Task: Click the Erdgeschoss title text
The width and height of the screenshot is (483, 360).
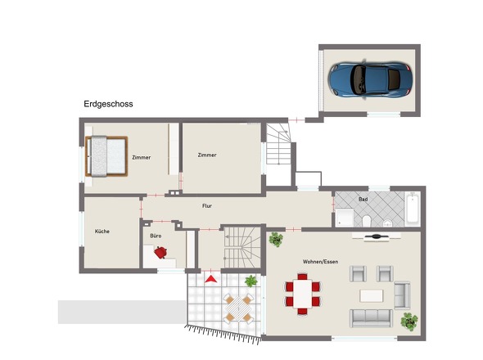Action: (108, 104)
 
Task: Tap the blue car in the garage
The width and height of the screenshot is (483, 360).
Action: (370, 79)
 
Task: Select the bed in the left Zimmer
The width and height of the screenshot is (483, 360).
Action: (106, 156)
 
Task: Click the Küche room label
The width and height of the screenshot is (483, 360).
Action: (102, 232)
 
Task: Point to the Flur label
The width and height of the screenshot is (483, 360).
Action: (207, 205)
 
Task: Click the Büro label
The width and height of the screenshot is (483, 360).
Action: (156, 236)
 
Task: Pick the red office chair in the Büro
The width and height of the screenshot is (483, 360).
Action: (160, 253)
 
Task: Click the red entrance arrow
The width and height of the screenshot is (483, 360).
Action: (211, 279)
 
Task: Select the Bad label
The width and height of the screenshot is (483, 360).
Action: (363, 200)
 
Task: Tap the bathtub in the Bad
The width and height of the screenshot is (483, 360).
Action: (412, 209)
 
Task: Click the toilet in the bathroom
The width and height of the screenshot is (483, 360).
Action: (367, 220)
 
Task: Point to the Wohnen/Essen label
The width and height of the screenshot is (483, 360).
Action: (320, 262)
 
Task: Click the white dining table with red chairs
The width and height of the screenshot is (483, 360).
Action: (303, 294)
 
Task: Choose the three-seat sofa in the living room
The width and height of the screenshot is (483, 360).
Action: (371, 318)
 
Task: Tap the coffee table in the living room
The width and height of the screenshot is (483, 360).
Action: (371, 295)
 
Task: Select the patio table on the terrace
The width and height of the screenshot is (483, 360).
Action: (238, 308)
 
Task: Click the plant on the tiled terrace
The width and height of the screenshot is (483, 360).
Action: (251, 281)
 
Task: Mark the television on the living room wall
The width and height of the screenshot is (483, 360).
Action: (377, 236)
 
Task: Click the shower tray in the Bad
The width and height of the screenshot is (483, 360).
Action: (345, 217)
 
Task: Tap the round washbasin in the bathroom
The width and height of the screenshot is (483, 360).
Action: (387, 223)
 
